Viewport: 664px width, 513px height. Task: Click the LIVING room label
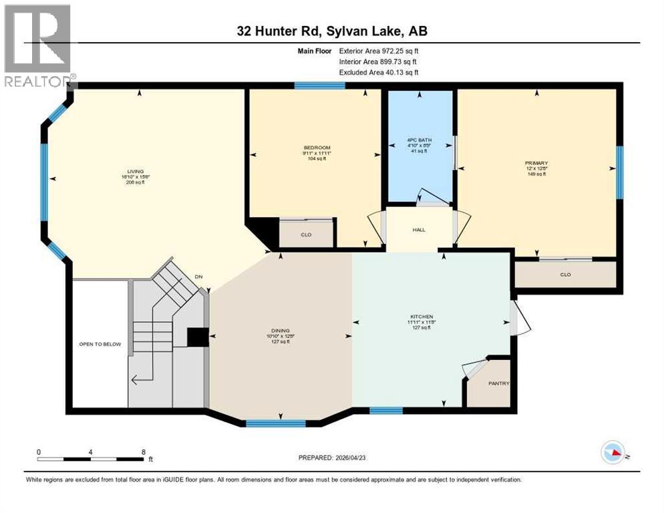click(x=136, y=171)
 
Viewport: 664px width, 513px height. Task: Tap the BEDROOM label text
click(x=317, y=148)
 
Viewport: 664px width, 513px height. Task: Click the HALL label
click(x=419, y=230)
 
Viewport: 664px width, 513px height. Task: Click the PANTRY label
click(x=498, y=383)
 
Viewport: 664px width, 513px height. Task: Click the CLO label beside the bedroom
click(x=306, y=235)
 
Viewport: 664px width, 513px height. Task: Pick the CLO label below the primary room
click(x=565, y=274)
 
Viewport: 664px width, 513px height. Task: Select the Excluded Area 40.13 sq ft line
click(x=379, y=72)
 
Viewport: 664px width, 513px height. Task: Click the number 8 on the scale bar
click(x=144, y=452)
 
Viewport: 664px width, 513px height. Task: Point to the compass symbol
click(x=613, y=453)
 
